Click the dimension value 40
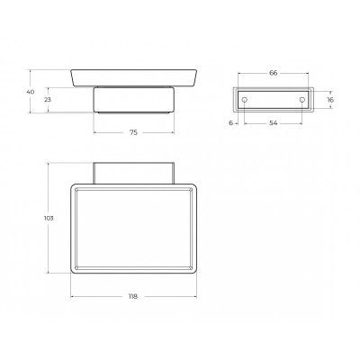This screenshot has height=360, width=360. tap(31, 92)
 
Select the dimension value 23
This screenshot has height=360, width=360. tap(48, 100)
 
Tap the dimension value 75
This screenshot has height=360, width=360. tap(134, 132)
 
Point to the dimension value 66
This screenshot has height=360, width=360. tap(274, 73)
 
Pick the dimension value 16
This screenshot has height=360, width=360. tap(330, 100)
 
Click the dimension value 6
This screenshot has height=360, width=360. tap(230, 122)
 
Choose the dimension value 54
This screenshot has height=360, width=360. tap(274, 122)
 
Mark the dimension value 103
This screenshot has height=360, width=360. tap(49, 218)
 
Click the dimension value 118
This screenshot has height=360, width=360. tap(133, 296)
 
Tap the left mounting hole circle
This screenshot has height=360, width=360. tap(245, 100)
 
